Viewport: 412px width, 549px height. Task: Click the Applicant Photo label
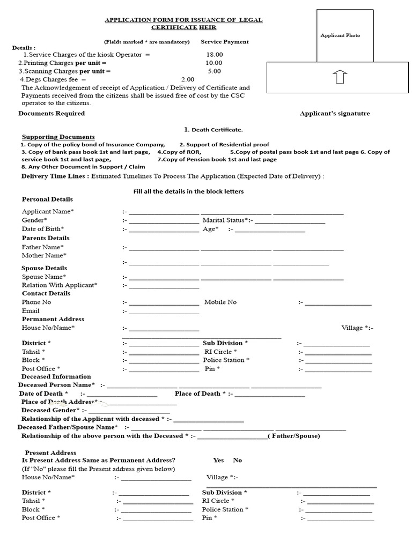click(340, 35)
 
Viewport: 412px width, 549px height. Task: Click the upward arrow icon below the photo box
click(340, 77)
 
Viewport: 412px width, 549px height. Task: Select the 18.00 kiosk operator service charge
click(214, 55)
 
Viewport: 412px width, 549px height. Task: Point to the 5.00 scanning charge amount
click(214, 71)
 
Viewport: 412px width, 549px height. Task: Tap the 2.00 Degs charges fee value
click(188, 79)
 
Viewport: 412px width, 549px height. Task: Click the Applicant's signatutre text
click(335, 114)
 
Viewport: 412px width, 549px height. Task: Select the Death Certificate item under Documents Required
click(214, 130)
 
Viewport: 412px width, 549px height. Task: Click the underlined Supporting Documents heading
click(58, 137)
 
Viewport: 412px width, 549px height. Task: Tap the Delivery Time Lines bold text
click(55, 176)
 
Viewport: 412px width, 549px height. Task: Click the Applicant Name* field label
click(48, 212)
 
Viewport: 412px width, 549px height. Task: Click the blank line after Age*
click(270, 230)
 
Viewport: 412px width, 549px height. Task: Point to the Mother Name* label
click(43, 256)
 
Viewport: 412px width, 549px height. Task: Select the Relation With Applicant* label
click(60, 285)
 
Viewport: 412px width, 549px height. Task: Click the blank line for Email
click(164, 311)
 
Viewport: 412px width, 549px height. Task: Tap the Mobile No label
click(220, 302)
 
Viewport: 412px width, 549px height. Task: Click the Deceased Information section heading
click(56, 376)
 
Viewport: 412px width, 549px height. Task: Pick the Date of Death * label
click(44, 394)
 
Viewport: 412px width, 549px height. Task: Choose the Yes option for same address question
click(218, 460)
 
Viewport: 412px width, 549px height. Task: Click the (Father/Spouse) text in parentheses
click(294, 436)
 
